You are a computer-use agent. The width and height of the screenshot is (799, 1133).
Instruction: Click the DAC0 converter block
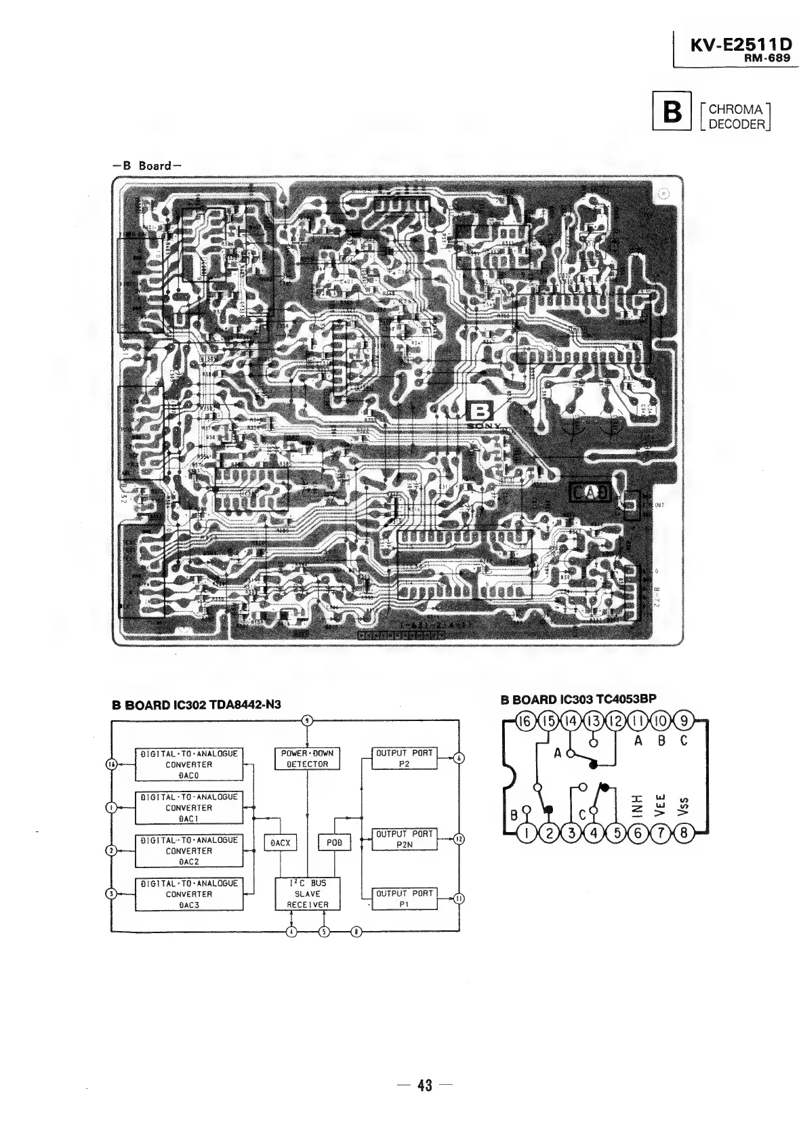tap(188, 764)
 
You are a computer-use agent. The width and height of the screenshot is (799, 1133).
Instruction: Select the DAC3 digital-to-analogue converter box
tap(188, 894)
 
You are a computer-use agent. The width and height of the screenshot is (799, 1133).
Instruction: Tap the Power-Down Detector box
tap(307, 758)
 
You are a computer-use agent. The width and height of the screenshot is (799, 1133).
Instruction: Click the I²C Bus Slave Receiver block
tap(307, 894)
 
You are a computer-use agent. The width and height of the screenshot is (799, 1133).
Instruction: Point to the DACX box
tap(280, 843)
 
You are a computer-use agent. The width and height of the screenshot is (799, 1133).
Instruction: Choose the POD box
tap(335, 843)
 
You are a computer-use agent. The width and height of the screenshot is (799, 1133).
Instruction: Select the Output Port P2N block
tap(404, 839)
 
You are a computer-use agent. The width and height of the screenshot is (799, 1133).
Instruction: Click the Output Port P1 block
tap(404, 899)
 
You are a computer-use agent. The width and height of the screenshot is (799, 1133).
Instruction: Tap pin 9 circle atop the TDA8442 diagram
tap(308, 720)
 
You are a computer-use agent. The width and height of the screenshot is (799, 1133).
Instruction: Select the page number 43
tap(424, 1086)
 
